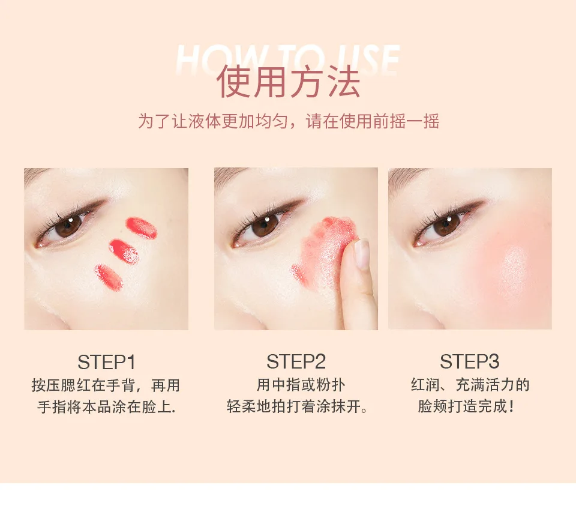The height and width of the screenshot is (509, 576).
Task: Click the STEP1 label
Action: point(107,362)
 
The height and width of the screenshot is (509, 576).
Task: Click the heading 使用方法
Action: point(288,82)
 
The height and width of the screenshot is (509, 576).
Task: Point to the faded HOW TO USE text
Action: point(287,59)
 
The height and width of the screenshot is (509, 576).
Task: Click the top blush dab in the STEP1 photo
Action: point(142,227)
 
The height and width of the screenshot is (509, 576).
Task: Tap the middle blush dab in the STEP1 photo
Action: point(124,251)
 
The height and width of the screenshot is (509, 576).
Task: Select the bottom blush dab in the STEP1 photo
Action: point(109,277)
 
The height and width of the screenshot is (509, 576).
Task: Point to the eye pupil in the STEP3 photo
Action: point(447,224)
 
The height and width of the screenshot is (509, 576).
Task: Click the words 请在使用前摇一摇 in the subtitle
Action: point(373,121)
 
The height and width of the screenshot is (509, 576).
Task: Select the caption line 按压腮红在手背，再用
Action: point(106,385)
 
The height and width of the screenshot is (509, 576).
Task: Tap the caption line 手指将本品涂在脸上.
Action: point(107,407)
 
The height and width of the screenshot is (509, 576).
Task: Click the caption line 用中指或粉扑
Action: point(301,385)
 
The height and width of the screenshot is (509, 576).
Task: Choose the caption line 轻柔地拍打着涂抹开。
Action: point(297,407)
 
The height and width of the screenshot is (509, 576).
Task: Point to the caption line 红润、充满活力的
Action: point(470,385)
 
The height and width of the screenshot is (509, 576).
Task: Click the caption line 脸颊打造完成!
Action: point(466,406)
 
